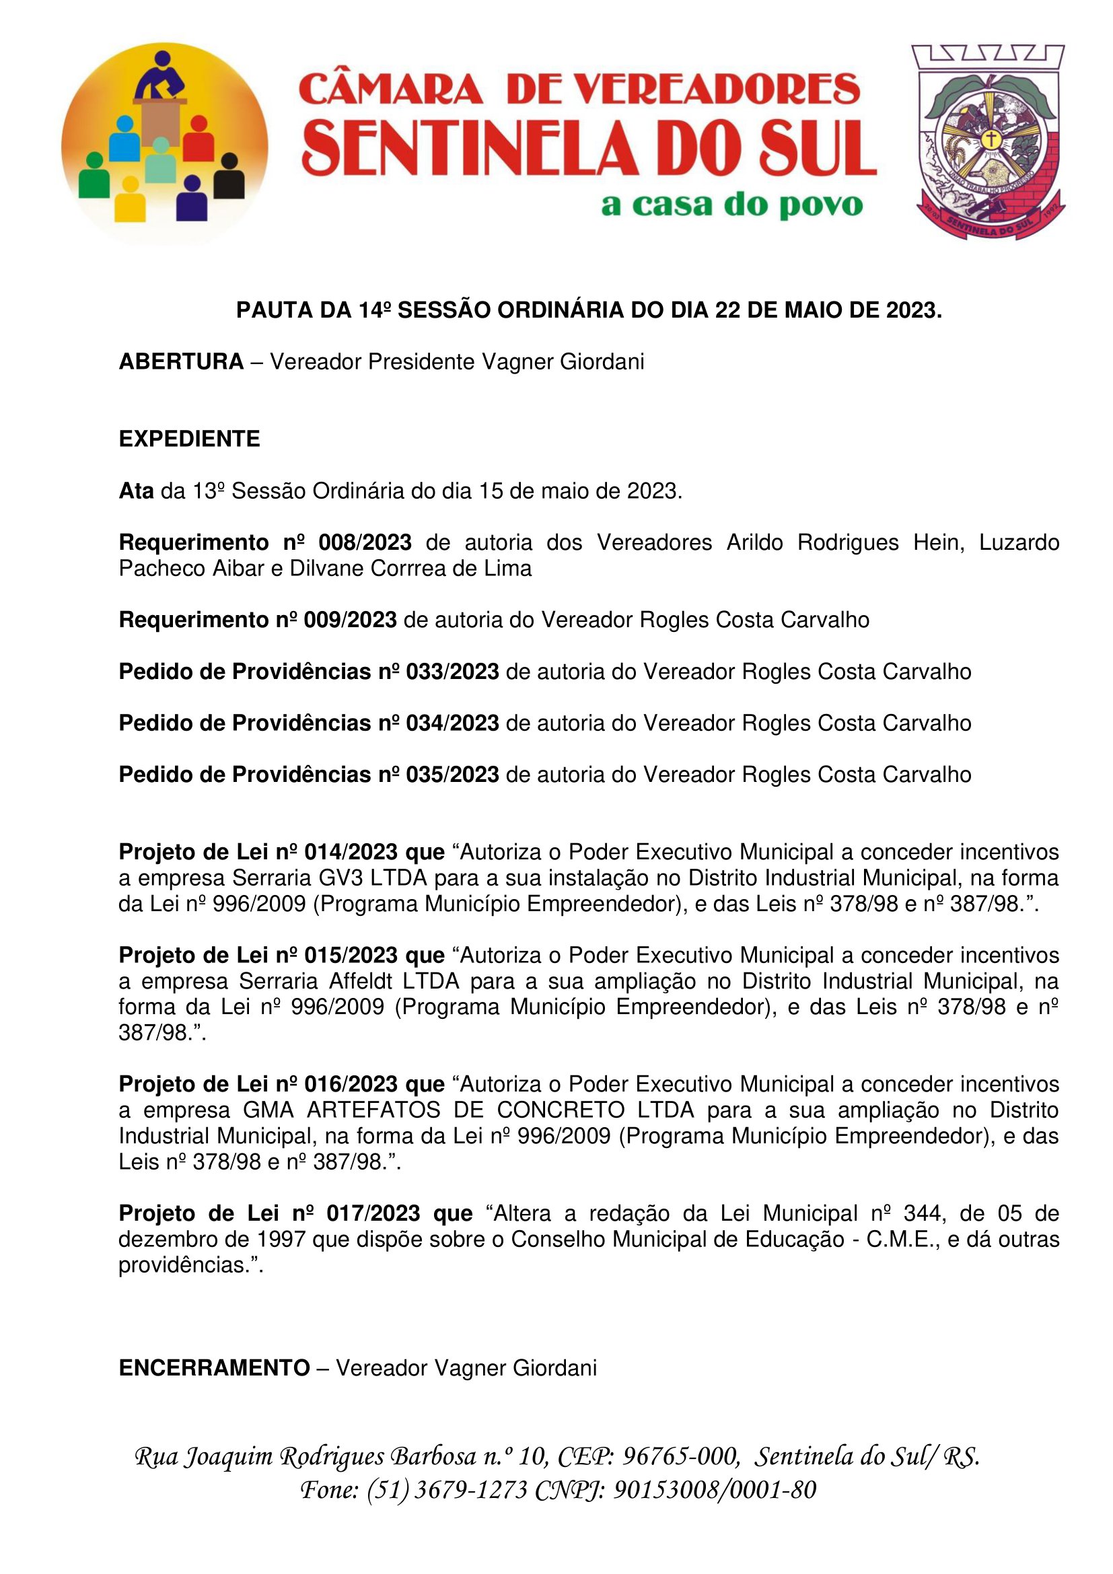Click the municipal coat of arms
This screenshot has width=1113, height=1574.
click(989, 142)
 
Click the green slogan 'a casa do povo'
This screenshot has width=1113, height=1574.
click(731, 205)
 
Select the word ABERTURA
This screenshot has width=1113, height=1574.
click(181, 361)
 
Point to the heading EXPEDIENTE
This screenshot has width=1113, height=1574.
click(189, 439)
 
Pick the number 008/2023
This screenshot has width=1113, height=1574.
click(365, 542)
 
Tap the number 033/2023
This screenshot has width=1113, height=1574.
click(452, 671)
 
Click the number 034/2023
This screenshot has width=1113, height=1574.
click(452, 723)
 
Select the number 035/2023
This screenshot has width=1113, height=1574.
click(452, 774)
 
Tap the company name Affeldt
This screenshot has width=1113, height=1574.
click(361, 981)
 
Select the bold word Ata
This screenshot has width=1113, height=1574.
click(136, 491)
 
